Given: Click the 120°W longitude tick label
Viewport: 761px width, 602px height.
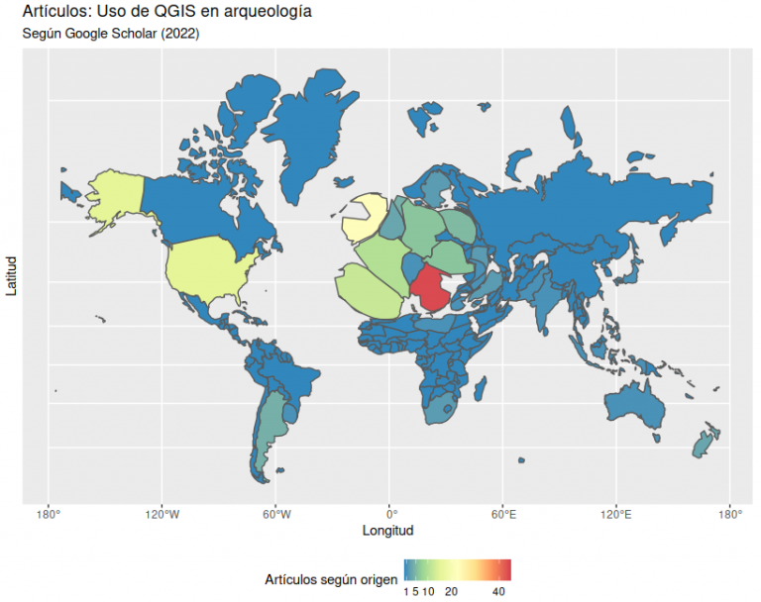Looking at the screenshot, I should [162, 513].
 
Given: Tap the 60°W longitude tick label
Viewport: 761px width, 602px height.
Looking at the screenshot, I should [275, 513].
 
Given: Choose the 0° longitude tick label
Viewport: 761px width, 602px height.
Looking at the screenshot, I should [390, 513].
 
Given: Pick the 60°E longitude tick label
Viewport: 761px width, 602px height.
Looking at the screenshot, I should [503, 513].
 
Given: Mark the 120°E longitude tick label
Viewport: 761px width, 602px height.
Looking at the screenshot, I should [616, 513].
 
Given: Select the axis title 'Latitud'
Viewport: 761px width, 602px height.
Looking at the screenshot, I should [12, 276].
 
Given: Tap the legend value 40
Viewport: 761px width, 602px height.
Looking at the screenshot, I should [499, 591].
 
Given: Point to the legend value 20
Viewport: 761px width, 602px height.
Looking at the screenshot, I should [451, 591].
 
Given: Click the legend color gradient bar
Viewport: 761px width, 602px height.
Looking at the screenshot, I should [457, 570].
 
